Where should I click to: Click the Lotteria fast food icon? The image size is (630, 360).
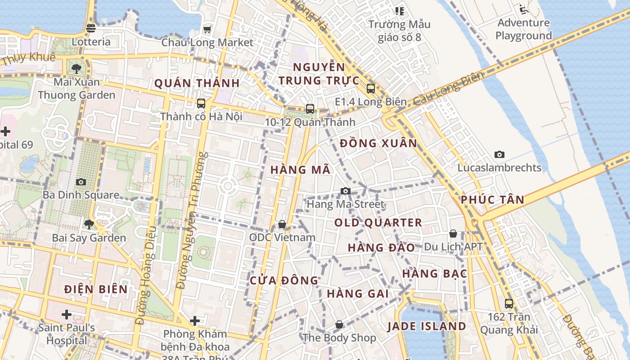pyautogui.click(x=90, y=28)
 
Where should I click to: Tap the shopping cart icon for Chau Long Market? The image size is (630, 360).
pyautogui.click(x=207, y=29)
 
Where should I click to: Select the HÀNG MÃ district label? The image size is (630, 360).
pyautogui.click(x=301, y=170)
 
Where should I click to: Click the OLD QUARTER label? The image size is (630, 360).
pyautogui.click(x=378, y=223)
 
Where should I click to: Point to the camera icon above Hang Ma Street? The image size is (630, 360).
pyautogui.click(x=345, y=191)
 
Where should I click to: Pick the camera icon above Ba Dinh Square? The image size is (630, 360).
pyautogui.click(x=81, y=182)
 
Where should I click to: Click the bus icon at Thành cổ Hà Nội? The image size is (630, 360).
pyautogui.click(x=201, y=103)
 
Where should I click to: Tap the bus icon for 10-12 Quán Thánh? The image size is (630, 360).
pyautogui.click(x=310, y=108)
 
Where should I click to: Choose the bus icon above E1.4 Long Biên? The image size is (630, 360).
pyautogui.click(x=370, y=89)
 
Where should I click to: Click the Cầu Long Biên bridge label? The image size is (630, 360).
pyautogui.click(x=448, y=88)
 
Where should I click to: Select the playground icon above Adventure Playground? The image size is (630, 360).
pyautogui.click(x=523, y=9)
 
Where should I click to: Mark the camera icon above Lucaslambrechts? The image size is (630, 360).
pyautogui.click(x=499, y=155)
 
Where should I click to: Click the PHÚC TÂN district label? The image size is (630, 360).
pyautogui.click(x=492, y=200)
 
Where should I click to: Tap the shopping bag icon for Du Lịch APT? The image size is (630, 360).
pyautogui.click(x=453, y=234)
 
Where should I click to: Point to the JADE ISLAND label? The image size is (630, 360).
pyautogui.click(x=427, y=326)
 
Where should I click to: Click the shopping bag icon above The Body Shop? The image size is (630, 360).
pyautogui.click(x=339, y=324)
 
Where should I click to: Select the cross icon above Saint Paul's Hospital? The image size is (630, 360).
pyautogui.click(x=67, y=314)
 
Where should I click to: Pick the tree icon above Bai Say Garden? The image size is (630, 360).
pyautogui.click(x=89, y=224)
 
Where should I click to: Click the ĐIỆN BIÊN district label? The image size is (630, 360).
pyautogui.click(x=96, y=289)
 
